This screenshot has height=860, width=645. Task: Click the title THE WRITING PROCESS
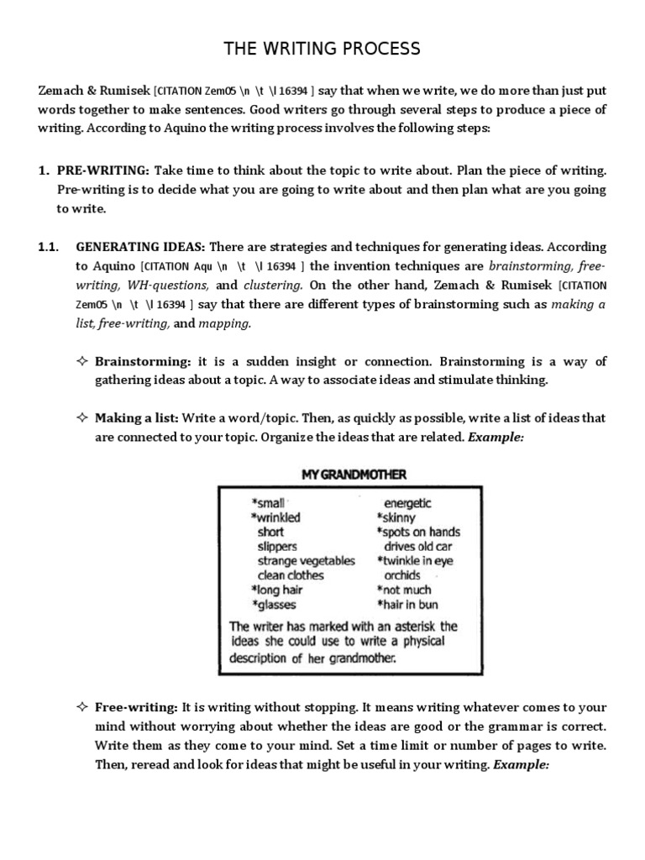coord(322,50)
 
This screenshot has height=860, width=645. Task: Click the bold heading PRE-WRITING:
coord(103,170)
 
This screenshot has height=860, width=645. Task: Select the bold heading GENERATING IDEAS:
coord(140,247)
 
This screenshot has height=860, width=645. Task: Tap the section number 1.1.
coord(50,247)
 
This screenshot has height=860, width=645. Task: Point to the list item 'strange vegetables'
coord(306,560)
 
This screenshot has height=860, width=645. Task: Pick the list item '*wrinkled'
coord(278,517)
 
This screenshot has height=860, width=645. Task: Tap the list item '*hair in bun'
coord(408,604)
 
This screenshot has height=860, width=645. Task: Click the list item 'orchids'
coord(402,575)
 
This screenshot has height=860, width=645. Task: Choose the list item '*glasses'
coord(274,604)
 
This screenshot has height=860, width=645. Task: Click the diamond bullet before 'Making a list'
coord(82,417)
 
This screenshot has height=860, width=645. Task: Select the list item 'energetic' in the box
coord(407,503)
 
